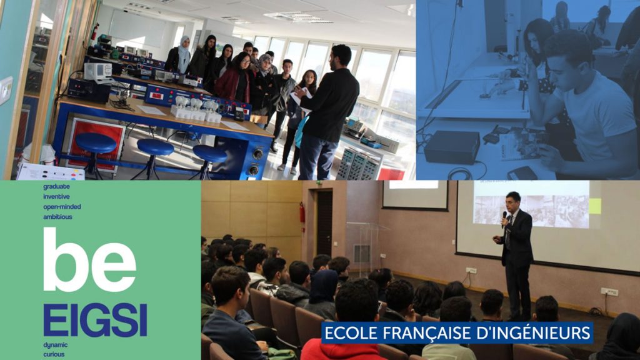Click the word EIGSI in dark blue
(x=95, y=320)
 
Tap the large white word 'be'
(x=89, y=260)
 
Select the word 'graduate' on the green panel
(x=56, y=186)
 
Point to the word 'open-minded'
(x=62, y=207)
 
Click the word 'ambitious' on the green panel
(x=57, y=217)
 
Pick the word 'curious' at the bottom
(x=54, y=354)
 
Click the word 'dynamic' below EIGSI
(x=56, y=345)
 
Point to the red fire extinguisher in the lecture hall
(x=302, y=213)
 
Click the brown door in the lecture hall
(x=324, y=223)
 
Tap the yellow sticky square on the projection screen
(x=595, y=206)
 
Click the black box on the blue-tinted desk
(x=452, y=147)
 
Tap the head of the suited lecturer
(x=514, y=201)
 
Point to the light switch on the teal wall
(x=6, y=90)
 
